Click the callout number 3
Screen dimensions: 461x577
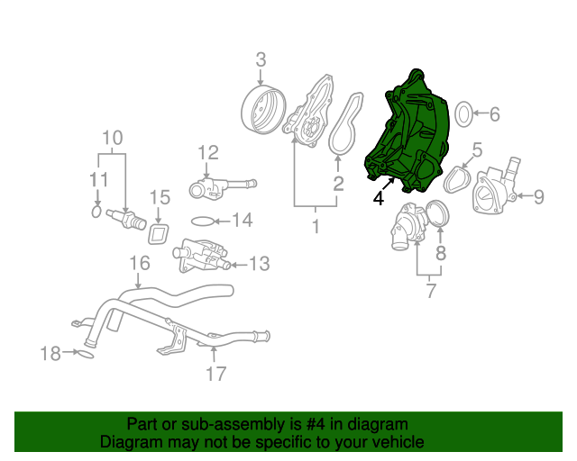point(261,60)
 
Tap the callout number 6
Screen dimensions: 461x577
point(494,114)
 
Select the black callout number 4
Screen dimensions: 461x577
point(379,198)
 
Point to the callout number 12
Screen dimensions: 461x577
point(208,152)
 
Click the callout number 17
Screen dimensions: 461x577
point(215,373)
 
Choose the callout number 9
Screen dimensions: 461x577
point(539,195)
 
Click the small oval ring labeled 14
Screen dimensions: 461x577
point(204,221)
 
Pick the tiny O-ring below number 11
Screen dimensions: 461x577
point(97,212)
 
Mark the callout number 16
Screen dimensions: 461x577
point(139,263)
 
